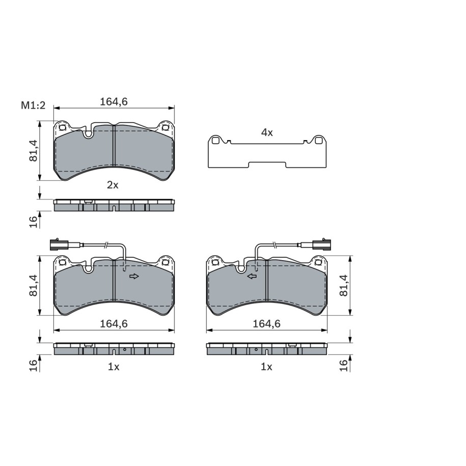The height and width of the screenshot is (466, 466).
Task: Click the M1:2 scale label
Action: click(x=33, y=105)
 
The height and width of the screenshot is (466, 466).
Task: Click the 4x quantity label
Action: click(x=266, y=132)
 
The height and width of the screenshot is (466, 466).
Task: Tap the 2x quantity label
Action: click(x=113, y=185)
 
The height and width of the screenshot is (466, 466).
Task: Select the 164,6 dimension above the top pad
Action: click(x=114, y=102)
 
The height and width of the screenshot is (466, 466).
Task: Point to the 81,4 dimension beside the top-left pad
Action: click(x=33, y=151)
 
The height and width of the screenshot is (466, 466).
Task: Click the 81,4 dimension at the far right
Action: click(x=343, y=285)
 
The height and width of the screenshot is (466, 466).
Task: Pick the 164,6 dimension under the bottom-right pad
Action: click(x=266, y=323)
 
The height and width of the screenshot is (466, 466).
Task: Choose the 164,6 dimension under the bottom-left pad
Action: click(x=114, y=323)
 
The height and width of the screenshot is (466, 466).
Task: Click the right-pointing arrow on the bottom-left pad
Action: click(x=134, y=277)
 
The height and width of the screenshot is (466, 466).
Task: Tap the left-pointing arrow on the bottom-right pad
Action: click(x=252, y=277)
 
